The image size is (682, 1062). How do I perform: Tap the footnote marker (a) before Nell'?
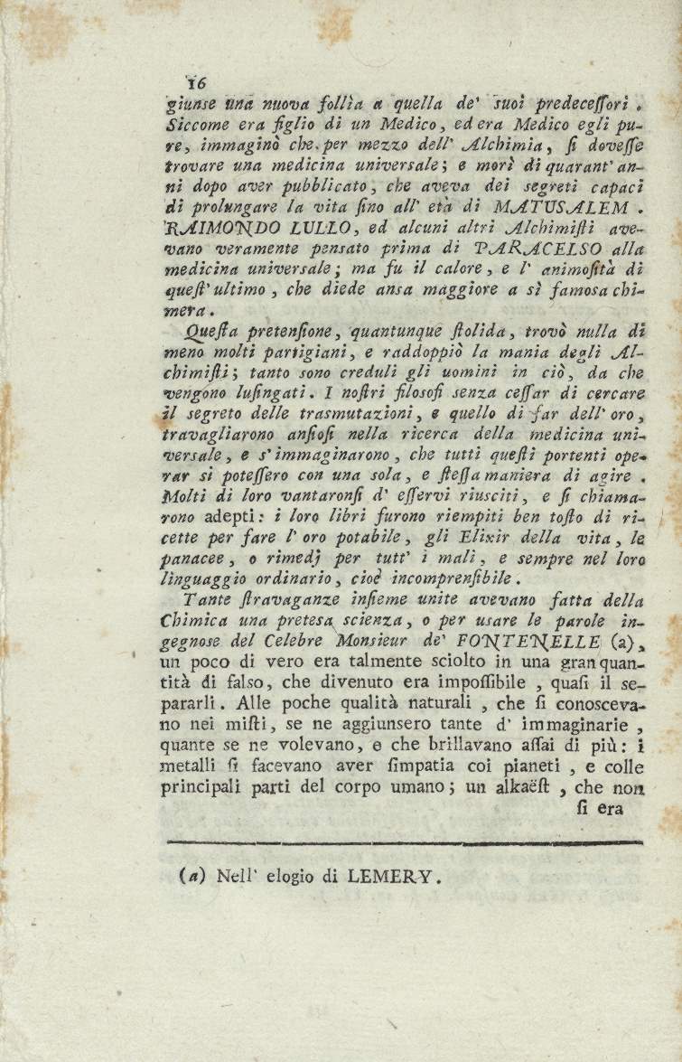193,875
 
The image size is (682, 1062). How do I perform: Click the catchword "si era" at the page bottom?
600,809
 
